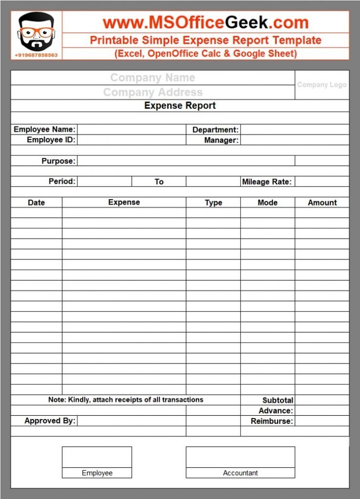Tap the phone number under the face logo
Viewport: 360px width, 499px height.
(x=36, y=55)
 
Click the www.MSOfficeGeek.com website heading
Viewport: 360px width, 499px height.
(x=206, y=22)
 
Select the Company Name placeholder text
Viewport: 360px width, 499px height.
(x=152, y=77)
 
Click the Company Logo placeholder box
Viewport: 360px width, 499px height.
(x=322, y=85)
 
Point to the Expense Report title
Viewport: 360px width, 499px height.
(x=180, y=106)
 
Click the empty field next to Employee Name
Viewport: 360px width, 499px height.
(x=132, y=130)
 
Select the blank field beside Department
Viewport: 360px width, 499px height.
(x=294, y=130)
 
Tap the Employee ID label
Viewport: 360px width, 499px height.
(x=51, y=140)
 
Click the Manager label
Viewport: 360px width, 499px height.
(x=221, y=140)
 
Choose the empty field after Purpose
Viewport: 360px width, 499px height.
(x=186, y=161)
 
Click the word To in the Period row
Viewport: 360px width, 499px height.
(x=159, y=182)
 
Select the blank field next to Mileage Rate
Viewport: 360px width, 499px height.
(x=322, y=182)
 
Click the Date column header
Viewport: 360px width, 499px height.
(x=37, y=203)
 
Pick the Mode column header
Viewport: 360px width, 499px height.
(x=267, y=203)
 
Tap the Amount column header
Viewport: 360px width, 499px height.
(x=322, y=203)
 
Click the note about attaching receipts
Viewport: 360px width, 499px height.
(x=126, y=400)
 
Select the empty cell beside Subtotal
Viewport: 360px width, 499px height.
(x=322, y=400)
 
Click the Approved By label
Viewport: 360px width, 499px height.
(x=50, y=421)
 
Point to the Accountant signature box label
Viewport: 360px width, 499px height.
(x=240, y=473)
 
